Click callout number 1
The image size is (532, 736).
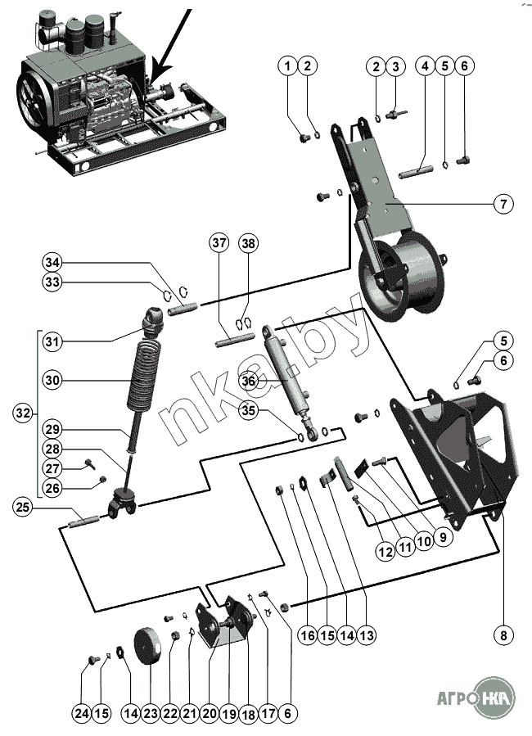pyautogui.click(x=287, y=65)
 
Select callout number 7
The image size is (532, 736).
pyautogui.click(x=503, y=203)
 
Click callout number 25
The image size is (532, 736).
pyautogui.click(x=24, y=508)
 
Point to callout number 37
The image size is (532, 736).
pyautogui.click(x=219, y=243)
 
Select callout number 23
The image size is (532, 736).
pyautogui.click(x=151, y=714)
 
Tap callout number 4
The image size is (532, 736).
pyautogui.click(x=425, y=65)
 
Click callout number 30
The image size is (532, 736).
pyautogui.click(x=53, y=381)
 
